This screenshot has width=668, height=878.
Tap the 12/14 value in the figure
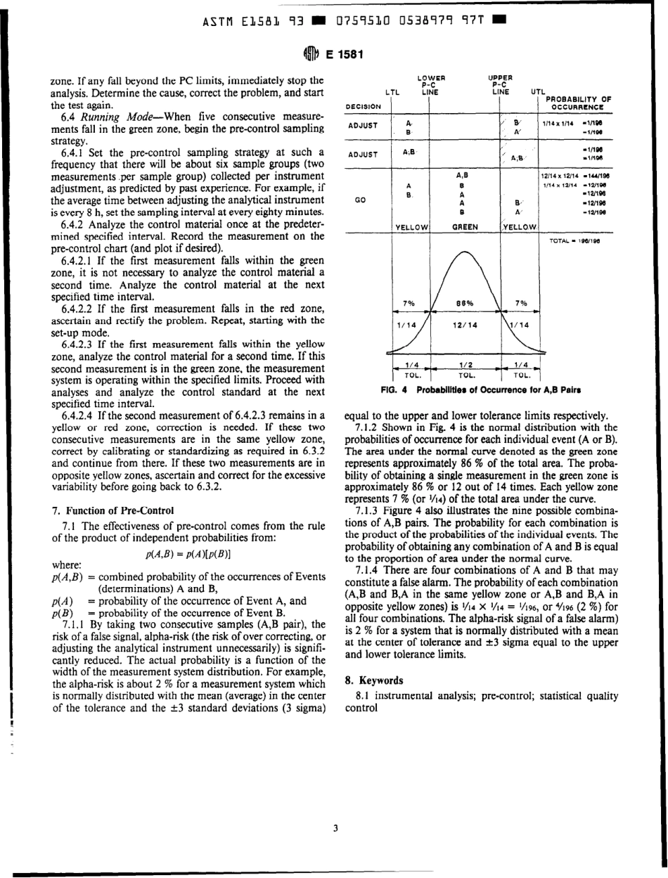click(464, 325)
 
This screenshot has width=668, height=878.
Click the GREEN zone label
click(463, 227)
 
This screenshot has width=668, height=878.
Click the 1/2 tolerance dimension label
click(463, 364)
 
